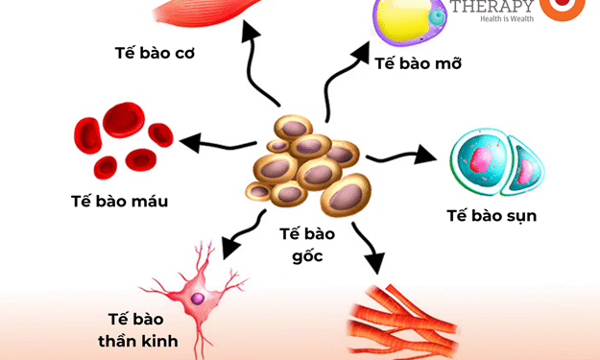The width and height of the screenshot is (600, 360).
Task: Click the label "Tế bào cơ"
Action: (x=155, y=53)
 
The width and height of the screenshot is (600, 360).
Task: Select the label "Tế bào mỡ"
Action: (x=419, y=64)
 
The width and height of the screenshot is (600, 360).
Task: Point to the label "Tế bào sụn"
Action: (x=491, y=215)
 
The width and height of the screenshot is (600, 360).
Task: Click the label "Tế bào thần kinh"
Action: (x=135, y=329)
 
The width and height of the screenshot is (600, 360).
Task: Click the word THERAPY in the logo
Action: (x=492, y=8)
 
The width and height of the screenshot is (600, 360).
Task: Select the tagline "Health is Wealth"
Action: (x=492, y=24)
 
